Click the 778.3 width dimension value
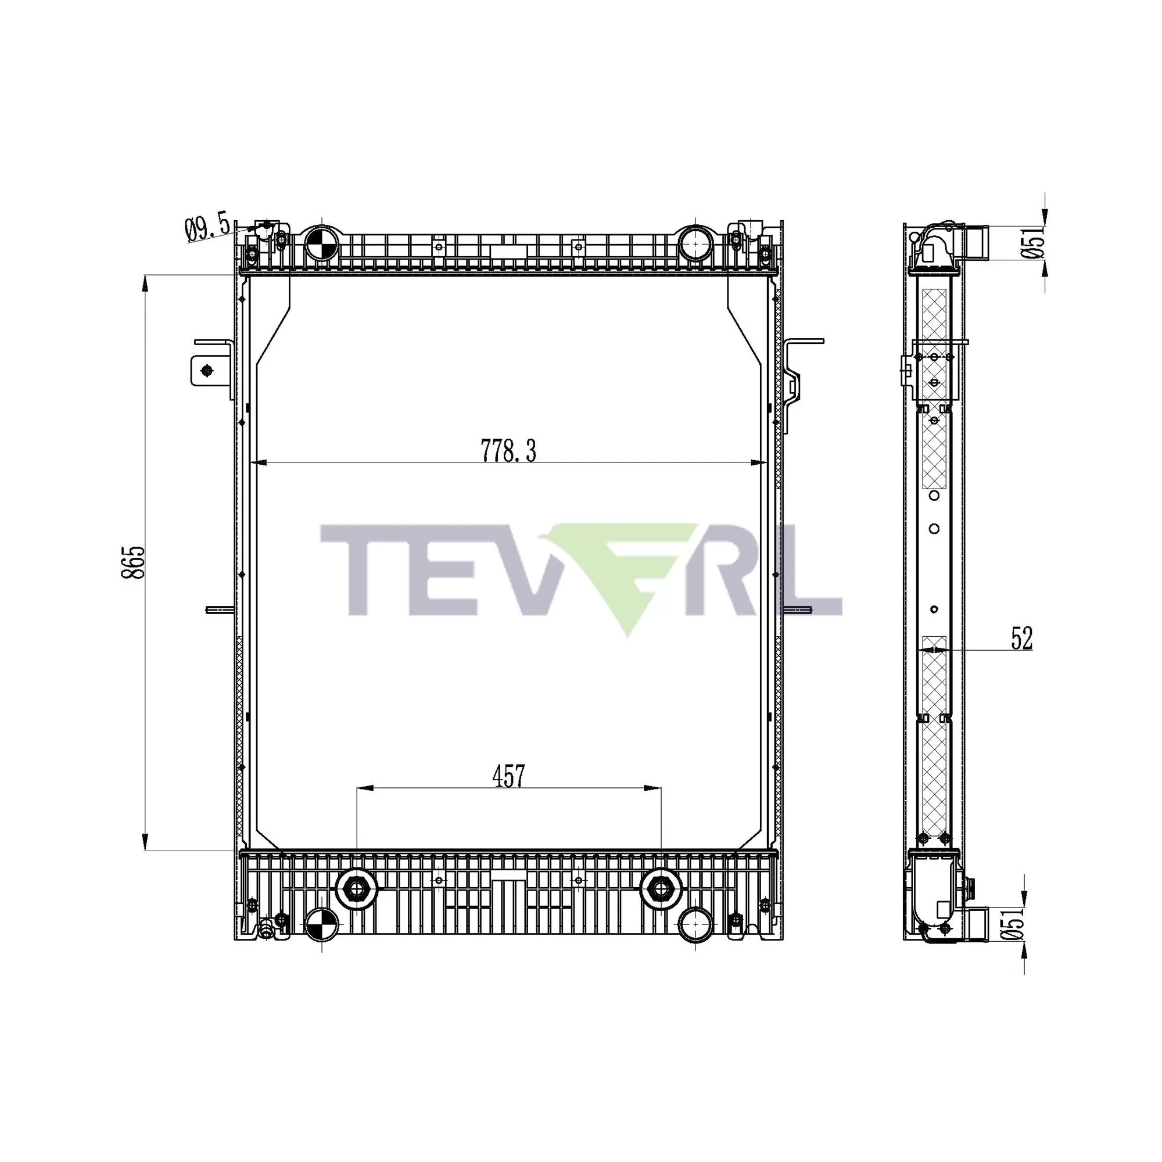pos(508,450)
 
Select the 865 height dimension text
pos(133,562)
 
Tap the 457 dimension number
pos(508,776)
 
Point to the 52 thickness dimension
pos(1021,638)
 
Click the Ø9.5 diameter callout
pos(207,228)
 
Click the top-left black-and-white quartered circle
pos(321,244)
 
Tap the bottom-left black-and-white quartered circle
pos(321,924)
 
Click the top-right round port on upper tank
pos(695,243)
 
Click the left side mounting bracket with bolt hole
pos(207,370)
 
